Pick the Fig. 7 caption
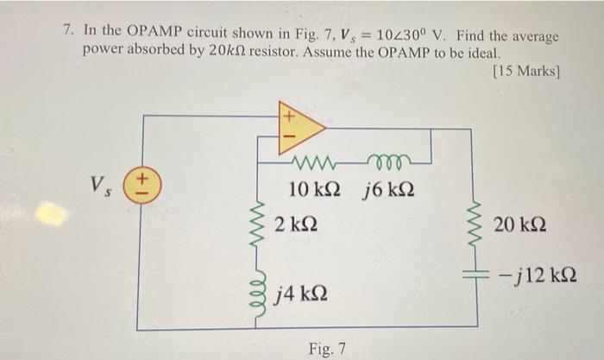(327, 348)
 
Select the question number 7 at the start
(67, 29)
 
